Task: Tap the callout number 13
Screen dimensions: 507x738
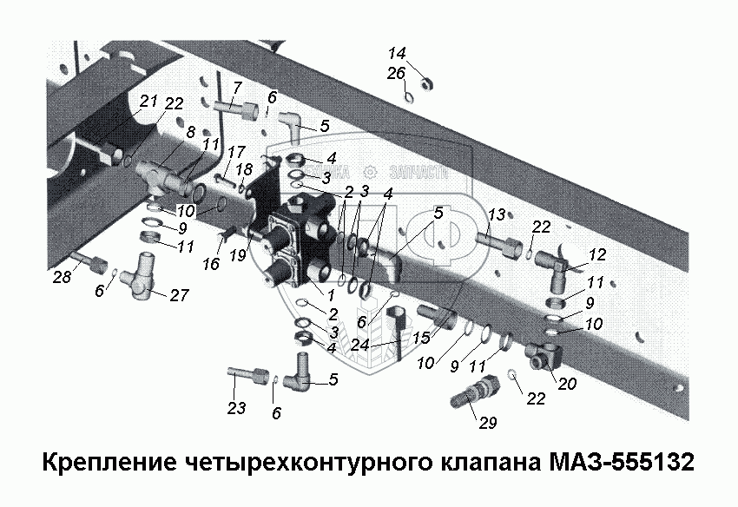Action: pos(496,214)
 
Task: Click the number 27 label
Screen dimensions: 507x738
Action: pos(179,295)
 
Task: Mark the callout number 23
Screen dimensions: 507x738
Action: pos(237,408)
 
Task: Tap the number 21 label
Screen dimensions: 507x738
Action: pos(148,101)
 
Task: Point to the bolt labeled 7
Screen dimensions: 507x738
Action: pos(234,111)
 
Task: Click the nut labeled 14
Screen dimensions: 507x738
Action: pos(426,83)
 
